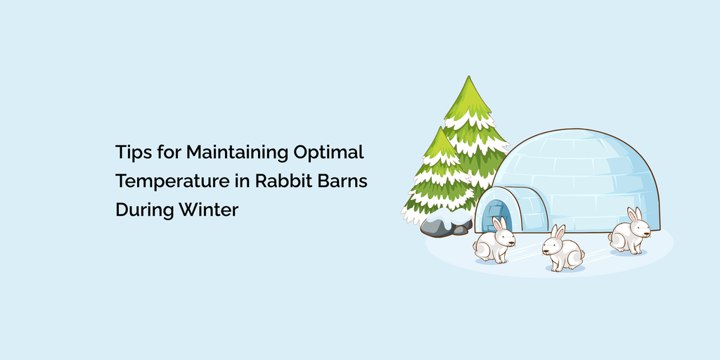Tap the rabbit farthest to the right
click(x=630, y=232)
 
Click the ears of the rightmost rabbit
click(x=634, y=213)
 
